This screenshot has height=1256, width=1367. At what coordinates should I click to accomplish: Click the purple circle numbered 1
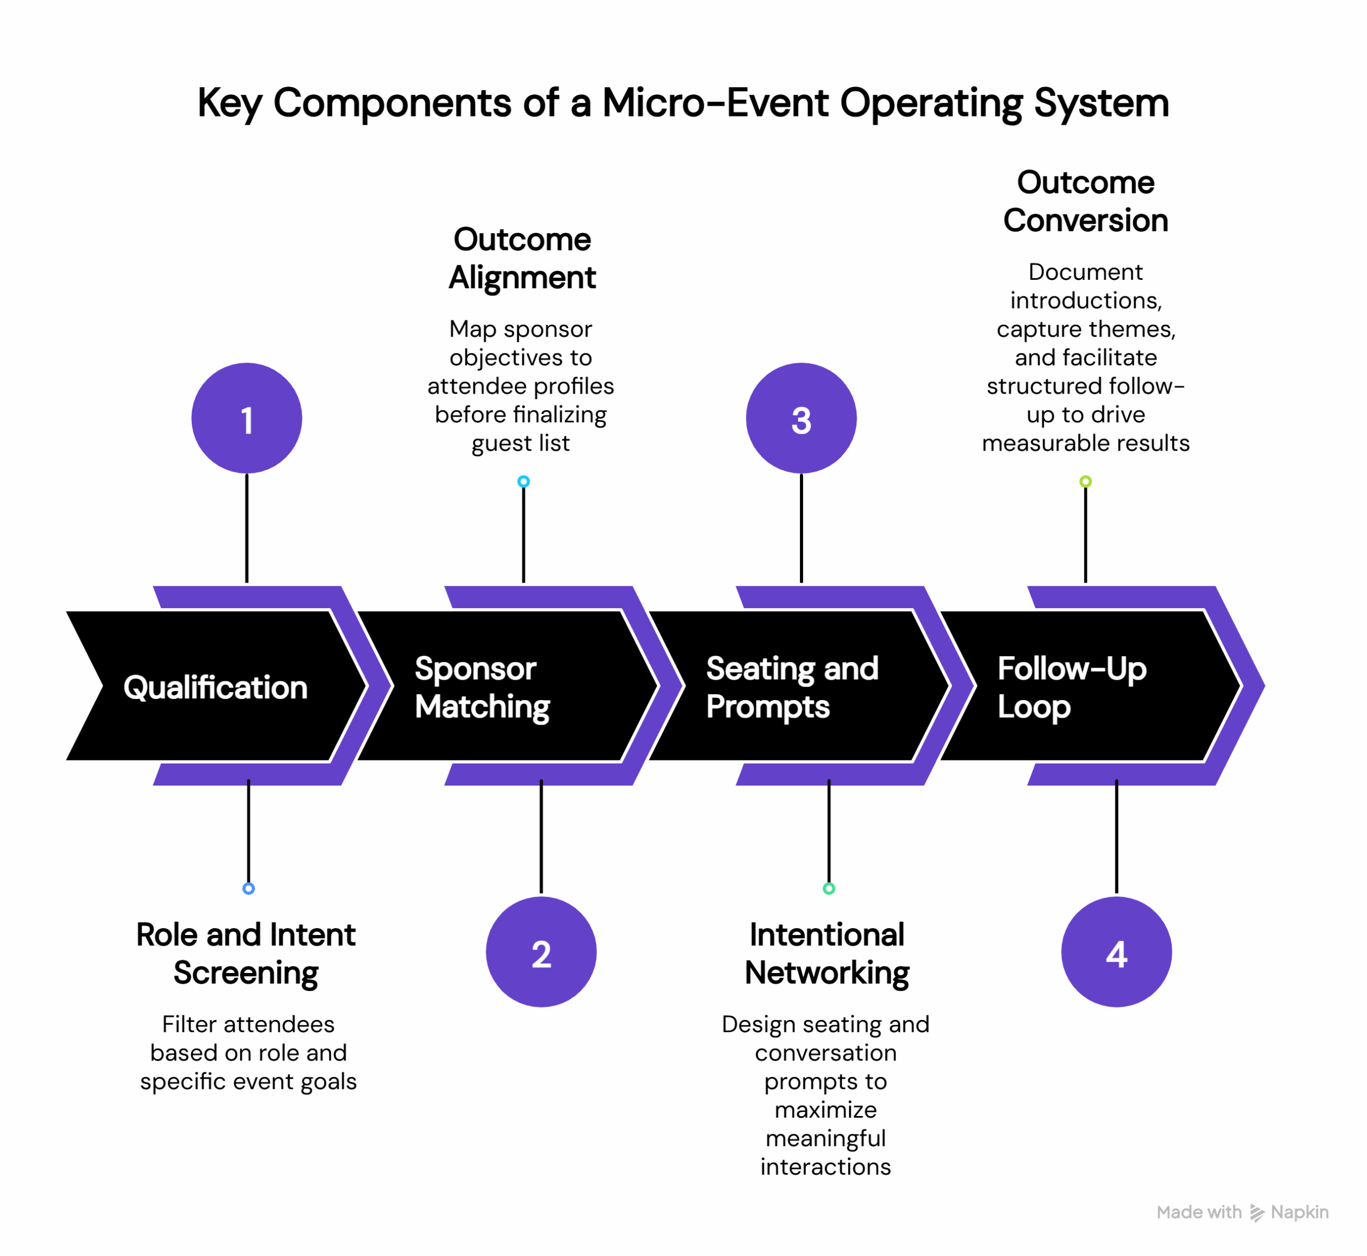tap(247, 418)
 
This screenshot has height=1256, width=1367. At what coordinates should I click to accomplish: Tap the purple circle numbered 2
tap(541, 952)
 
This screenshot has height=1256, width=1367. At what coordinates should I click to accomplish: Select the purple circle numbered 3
tap(801, 418)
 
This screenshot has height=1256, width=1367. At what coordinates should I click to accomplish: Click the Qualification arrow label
tap(216, 687)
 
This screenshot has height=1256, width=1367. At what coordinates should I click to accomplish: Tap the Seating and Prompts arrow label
tap(792, 687)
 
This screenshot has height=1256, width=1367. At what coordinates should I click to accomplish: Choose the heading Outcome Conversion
tap(1085, 201)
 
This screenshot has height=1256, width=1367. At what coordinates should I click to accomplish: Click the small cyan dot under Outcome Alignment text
tap(523, 481)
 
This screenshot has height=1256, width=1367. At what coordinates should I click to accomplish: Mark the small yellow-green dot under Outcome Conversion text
tap(1086, 481)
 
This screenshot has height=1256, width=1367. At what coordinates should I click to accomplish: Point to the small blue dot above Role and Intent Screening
tap(249, 888)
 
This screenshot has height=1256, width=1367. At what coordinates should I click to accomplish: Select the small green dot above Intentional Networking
tap(829, 888)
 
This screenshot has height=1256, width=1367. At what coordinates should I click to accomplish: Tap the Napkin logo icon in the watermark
tap(1256, 1213)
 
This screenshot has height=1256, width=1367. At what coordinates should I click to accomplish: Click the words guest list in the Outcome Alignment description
tap(521, 443)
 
